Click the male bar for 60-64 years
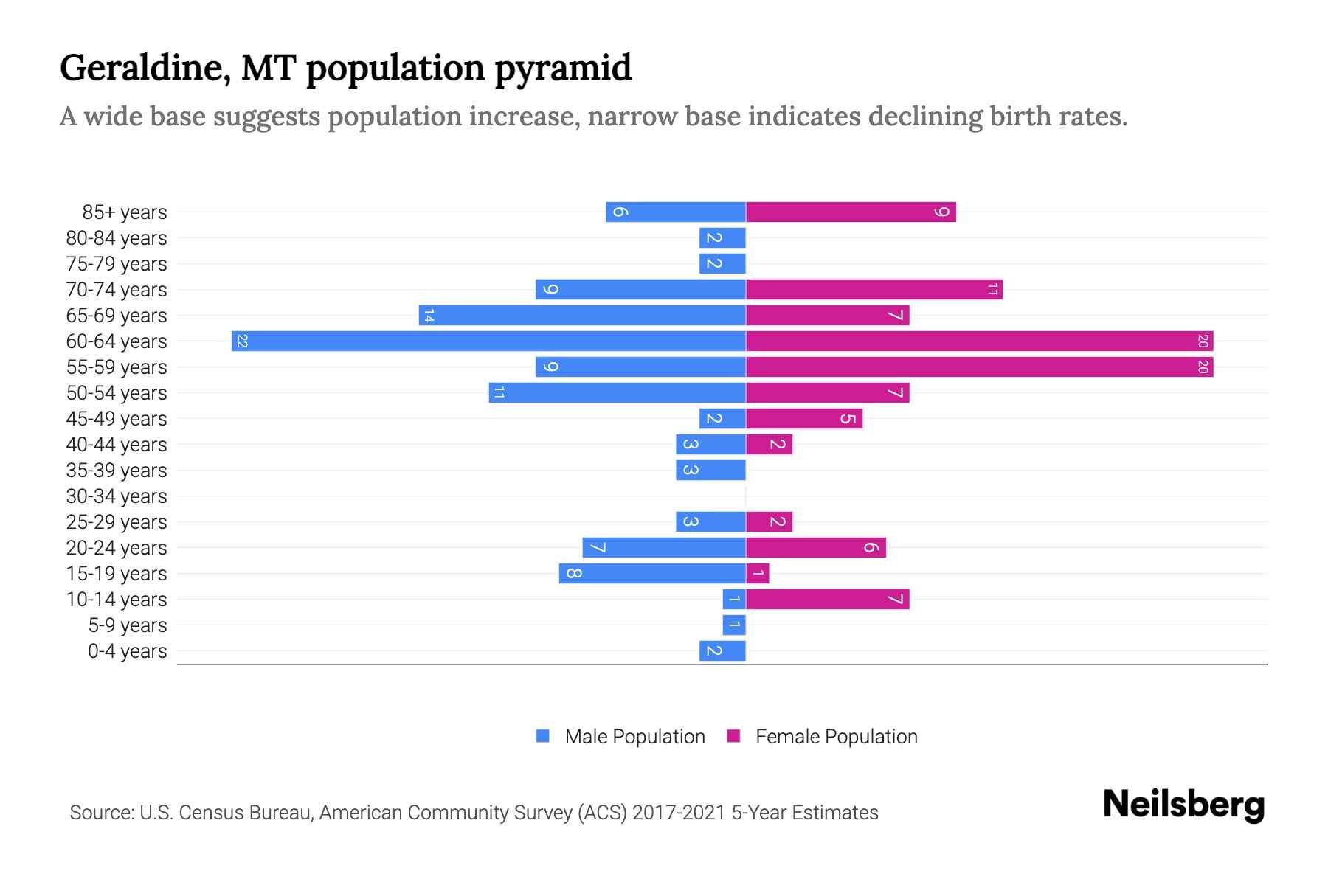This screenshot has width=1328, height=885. (x=488, y=341)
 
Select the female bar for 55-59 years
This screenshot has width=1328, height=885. (x=979, y=367)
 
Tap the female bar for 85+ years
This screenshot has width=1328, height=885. (x=851, y=212)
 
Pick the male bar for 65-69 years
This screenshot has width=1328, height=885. (x=582, y=316)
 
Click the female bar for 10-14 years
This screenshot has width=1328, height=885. (x=827, y=600)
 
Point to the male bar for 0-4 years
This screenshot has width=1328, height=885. (x=722, y=651)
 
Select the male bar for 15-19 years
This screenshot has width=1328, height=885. (x=652, y=574)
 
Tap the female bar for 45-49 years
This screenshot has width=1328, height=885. (x=804, y=419)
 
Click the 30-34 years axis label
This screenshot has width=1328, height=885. (x=117, y=496)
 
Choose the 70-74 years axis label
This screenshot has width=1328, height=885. (x=117, y=290)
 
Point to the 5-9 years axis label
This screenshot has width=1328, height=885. (x=127, y=625)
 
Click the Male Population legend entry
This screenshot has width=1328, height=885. (x=620, y=737)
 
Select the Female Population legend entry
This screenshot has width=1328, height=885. (x=822, y=737)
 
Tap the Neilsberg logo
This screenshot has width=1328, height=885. (x=1183, y=805)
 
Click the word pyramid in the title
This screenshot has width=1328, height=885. (x=563, y=69)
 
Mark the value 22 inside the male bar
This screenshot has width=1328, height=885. (x=242, y=341)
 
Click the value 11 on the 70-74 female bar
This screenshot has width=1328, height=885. (x=992, y=290)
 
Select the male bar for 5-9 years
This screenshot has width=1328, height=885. (x=734, y=625)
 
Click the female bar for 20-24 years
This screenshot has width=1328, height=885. (x=815, y=548)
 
